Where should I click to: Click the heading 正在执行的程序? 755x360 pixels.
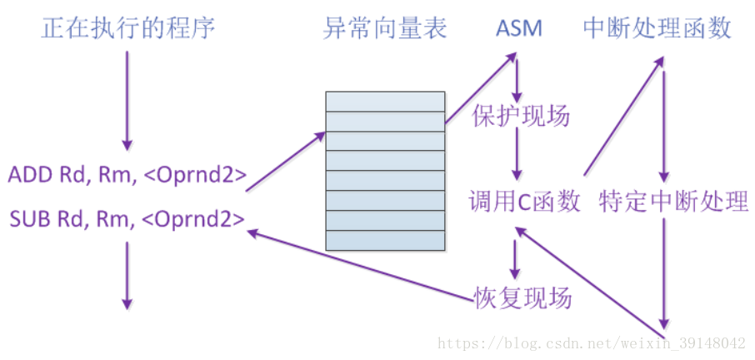click(x=128, y=29)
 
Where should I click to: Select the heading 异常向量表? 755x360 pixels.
click(x=385, y=29)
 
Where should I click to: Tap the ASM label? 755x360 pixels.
click(x=518, y=29)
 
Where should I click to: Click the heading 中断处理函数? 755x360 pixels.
click(x=657, y=29)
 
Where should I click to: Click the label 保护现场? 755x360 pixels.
click(x=521, y=116)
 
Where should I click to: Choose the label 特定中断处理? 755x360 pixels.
click(x=673, y=202)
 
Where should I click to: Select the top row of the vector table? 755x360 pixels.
click(x=385, y=100)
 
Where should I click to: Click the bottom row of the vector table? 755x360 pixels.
click(x=385, y=240)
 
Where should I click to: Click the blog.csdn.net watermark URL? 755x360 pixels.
click(x=592, y=343)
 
